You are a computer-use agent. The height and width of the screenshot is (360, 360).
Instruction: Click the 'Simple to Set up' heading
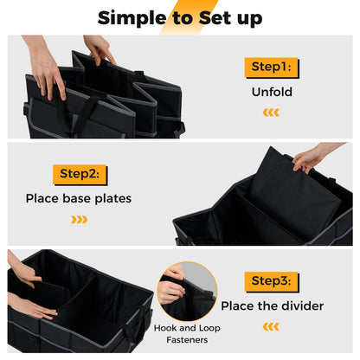[180, 17]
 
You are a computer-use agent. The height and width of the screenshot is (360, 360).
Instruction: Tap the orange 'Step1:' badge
[272, 66]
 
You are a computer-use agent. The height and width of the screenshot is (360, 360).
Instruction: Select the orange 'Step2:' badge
[80, 174]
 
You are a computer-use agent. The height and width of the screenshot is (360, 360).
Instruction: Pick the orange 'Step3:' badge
[272, 281]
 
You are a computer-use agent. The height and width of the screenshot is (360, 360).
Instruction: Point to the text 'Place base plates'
[80, 198]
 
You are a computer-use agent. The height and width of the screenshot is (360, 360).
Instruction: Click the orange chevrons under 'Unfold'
[271, 112]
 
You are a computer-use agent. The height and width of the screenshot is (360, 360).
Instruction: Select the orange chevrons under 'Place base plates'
[79, 220]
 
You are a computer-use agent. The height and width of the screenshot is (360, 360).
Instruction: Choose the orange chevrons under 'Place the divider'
[271, 326]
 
